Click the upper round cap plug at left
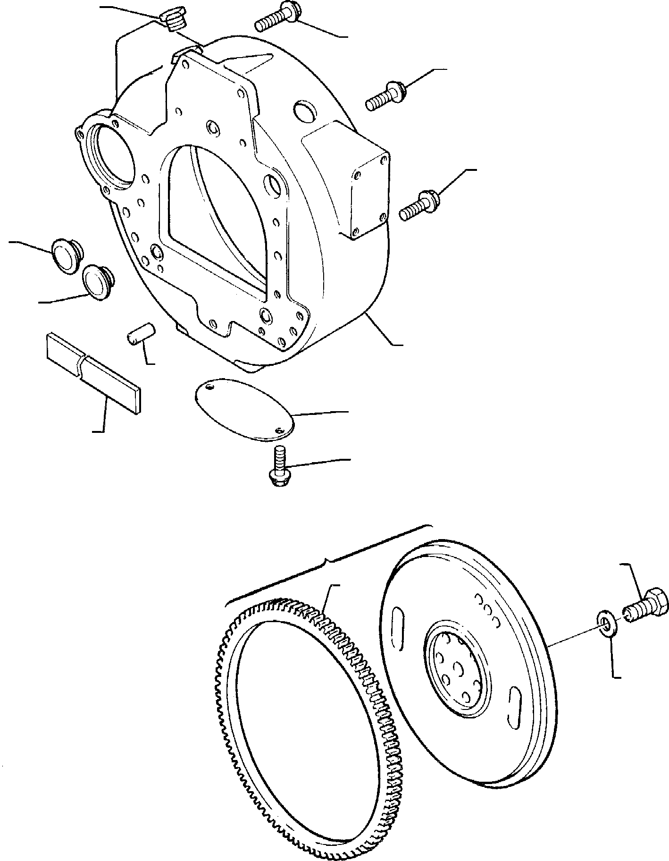[66, 256]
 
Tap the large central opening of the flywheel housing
[212, 203]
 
